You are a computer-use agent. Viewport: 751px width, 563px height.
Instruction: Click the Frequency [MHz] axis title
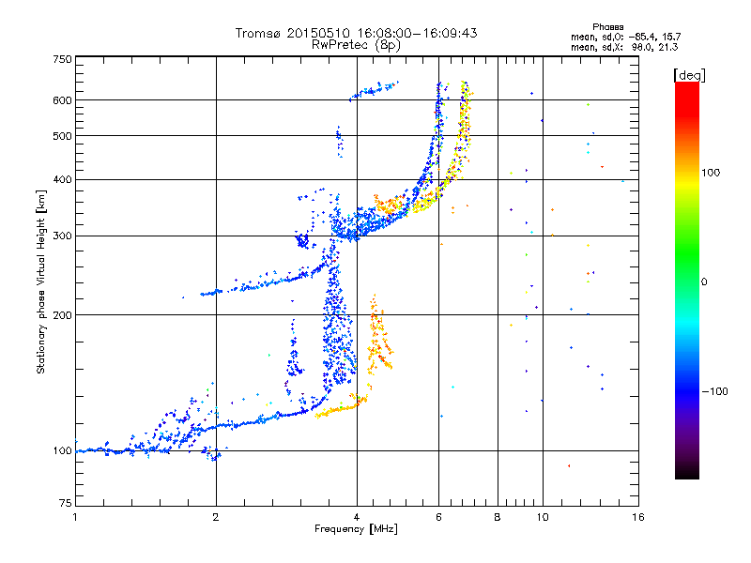pos(356,529)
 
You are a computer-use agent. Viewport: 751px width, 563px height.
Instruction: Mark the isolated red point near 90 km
pos(568,466)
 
